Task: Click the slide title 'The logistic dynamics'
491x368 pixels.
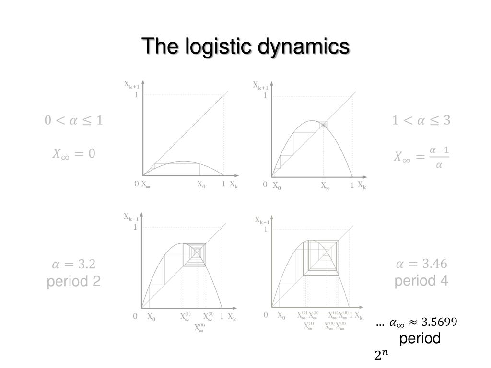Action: point(245,47)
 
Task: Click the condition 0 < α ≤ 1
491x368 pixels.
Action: point(74,120)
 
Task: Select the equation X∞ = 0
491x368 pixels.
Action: point(74,154)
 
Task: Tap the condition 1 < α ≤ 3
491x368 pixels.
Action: point(421,120)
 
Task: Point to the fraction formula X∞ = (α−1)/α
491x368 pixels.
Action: point(421,157)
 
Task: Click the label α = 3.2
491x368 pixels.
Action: point(74,264)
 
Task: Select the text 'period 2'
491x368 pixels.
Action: point(74,281)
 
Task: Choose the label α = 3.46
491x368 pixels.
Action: point(421,264)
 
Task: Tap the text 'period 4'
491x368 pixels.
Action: point(421,280)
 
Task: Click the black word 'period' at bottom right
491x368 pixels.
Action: point(420,338)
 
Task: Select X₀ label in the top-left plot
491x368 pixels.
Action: point(201,184)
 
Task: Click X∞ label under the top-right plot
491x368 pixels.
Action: point(325,186)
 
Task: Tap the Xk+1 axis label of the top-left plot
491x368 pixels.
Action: point(132,85)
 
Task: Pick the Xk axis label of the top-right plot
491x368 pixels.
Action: point(362,186)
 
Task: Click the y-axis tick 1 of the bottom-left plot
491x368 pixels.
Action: point(135,227)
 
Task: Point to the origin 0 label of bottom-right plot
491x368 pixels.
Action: point(266,315)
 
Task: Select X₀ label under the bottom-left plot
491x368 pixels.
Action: point(151,317)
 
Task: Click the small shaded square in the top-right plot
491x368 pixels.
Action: point(324,125)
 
